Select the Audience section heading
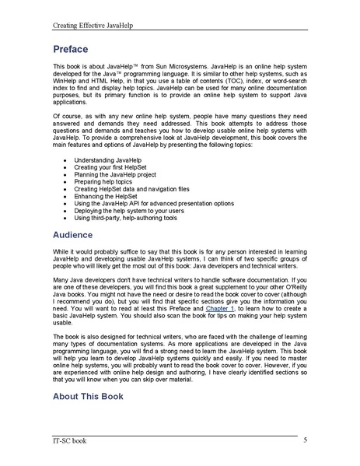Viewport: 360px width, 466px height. pos(79,233)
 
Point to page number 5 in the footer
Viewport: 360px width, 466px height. pos(305,440)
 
